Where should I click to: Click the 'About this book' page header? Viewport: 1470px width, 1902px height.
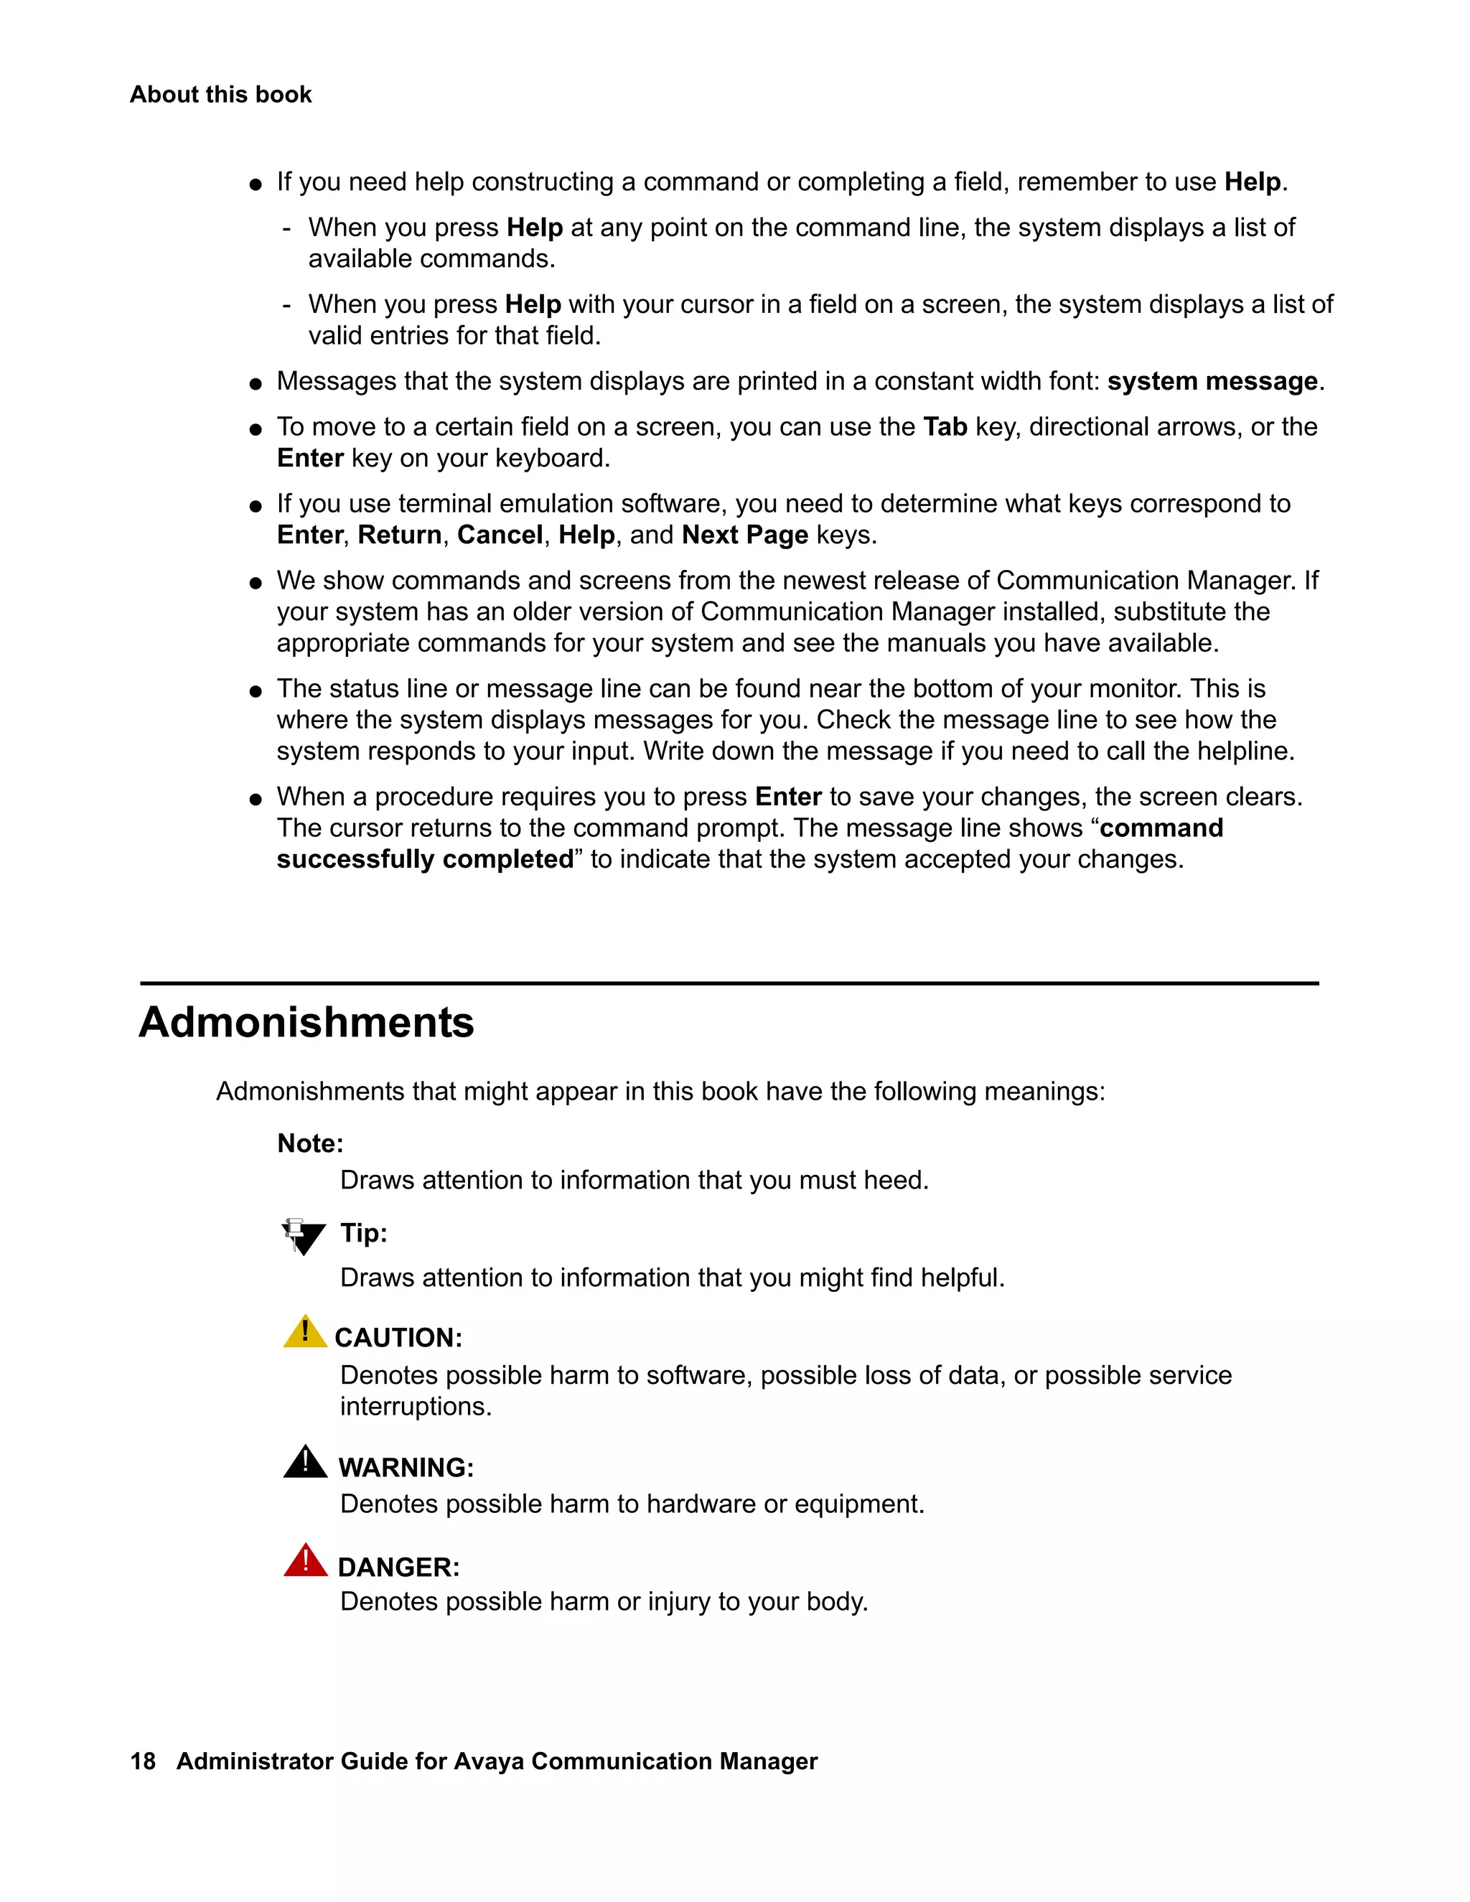(220, 94)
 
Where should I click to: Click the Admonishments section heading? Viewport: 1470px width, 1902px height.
(306, 1022)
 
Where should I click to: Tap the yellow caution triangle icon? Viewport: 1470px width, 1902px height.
(305, 1332)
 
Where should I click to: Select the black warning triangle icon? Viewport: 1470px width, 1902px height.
(305, 1463)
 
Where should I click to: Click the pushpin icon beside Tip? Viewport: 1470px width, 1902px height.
(302, 1236)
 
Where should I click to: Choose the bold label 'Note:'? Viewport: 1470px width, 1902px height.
(310, 1143)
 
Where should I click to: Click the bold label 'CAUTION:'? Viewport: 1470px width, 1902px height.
(398, 1338)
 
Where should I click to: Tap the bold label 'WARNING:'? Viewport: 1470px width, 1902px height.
(406, 1468)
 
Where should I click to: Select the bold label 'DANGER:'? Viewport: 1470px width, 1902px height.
(398, 1568)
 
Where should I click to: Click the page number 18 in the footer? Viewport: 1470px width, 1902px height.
(143, 1761)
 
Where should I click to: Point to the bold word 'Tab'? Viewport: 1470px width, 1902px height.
(945, 427)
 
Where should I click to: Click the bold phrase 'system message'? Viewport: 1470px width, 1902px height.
(1212, 381)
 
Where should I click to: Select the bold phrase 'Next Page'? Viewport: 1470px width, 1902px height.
(744, 535)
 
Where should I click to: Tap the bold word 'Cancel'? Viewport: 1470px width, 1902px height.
(500, 535)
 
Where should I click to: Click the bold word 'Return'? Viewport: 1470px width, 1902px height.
(400, 535)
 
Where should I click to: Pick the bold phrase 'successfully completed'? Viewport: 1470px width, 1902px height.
(425, 860)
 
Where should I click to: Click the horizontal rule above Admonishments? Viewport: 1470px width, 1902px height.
(729, 983)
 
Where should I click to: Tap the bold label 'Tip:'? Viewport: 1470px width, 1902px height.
(363, 1233)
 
